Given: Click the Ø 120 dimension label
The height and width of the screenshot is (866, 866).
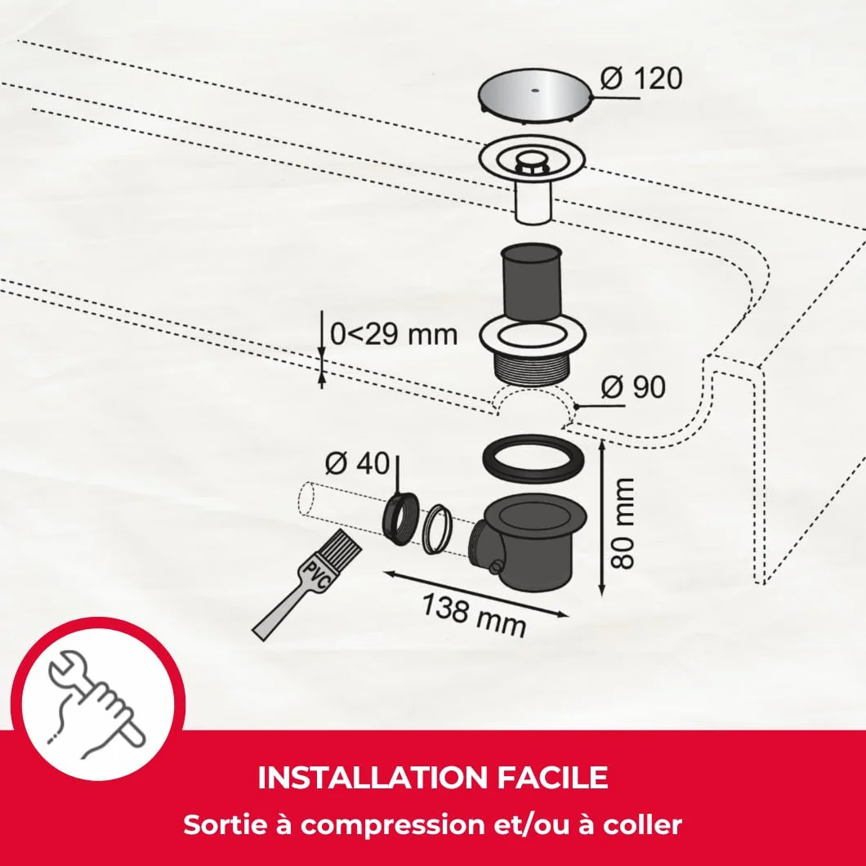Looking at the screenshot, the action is pos(641,78).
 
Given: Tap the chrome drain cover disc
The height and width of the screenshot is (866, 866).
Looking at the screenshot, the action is pos(534,93).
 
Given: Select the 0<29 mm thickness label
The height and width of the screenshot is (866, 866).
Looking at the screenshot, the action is pos(394,335).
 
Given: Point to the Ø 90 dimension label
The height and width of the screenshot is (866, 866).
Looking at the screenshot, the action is pos(633,387).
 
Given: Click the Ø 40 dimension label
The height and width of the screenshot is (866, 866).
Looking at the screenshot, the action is pos(357,463).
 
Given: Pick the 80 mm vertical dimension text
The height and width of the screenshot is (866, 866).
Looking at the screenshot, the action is pos(623,524).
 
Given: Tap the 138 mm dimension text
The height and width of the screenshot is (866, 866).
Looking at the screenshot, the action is pos(474,614).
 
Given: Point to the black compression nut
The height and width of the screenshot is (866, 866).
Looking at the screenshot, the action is pos(400,519).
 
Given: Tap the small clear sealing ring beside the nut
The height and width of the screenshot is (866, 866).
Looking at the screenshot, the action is pos(437,529).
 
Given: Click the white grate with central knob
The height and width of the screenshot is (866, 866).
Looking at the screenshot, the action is pos(531,160).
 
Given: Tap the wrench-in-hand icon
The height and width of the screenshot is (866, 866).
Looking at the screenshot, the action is pos(96,703).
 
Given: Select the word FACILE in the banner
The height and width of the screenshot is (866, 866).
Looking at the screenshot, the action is pos(552,778).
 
